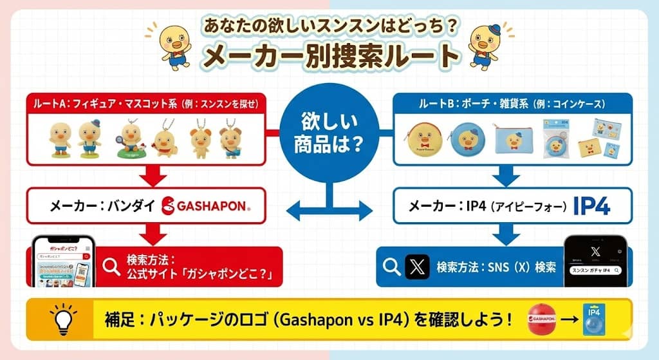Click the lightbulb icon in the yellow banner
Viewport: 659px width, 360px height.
tap(63, 319)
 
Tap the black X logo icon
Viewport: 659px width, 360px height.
tap(417, 267)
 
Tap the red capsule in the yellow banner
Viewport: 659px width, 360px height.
tap(542, 319)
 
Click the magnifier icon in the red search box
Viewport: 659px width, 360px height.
tap(111, 267)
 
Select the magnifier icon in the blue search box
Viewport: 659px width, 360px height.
tap(391, 267)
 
